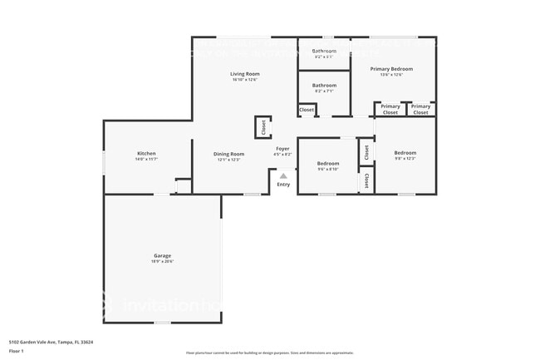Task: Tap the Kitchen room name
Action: pyautogui.click(x=146, y=153)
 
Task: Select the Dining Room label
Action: pyautogui.click(x=228, y=154)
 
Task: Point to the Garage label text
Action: pyautogui.click(x=162, y=255)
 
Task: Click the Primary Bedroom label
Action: pyautogui.click(x=390, y=69)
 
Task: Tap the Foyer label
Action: pyautogui.click(x=282, y=149)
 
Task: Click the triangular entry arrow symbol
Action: pyautogui.click(x=283, y=175)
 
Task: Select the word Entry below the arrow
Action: pyautogui.click(x=283, y=185)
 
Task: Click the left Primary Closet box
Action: pyautogui.click(x=390, y=109)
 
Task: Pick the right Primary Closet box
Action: pyautogui.click(x=421, y=109)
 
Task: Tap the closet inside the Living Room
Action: pyautogui.click(x=263, y=127)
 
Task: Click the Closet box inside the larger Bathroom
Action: pyautogui.click(x=307, y=109)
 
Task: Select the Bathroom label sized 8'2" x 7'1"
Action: pyautogui.click(x=324, y=85)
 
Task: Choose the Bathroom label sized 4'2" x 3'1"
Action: pyautogui.click(x=324, y=51)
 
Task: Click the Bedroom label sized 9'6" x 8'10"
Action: pyautogui.click(x=328, y=164)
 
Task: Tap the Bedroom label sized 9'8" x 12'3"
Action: pyautogui.click(x=405, y=153)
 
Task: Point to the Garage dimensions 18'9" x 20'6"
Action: pyautogui.click(x=162, y=261)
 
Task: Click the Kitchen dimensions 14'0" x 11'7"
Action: pyautogui.click(x=146, y=159)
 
